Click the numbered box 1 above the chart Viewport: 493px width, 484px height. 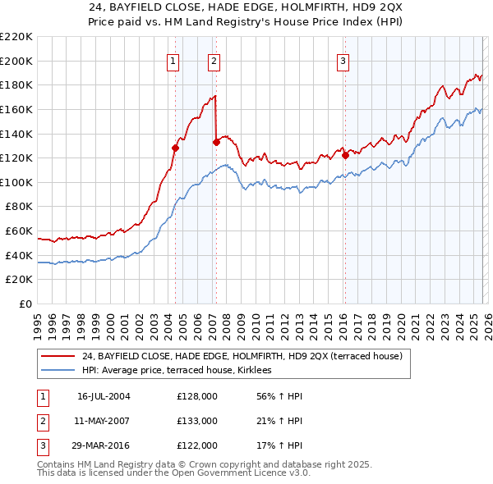coord(174,60)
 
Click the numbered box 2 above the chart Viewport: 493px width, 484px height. coord(214,60)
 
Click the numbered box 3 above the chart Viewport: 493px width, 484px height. coord(343,60)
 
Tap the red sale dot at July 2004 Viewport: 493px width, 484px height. coord(175,148)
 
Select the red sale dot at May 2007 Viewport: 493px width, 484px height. coord(216,142)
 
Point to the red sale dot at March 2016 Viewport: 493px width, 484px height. coord(345,155)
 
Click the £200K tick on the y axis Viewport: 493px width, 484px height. coord(17,61)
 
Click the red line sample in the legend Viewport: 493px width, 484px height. coord(58,356)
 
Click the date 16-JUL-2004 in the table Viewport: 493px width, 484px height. coord(104,396)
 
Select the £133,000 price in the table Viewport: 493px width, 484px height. coord(197,421)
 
